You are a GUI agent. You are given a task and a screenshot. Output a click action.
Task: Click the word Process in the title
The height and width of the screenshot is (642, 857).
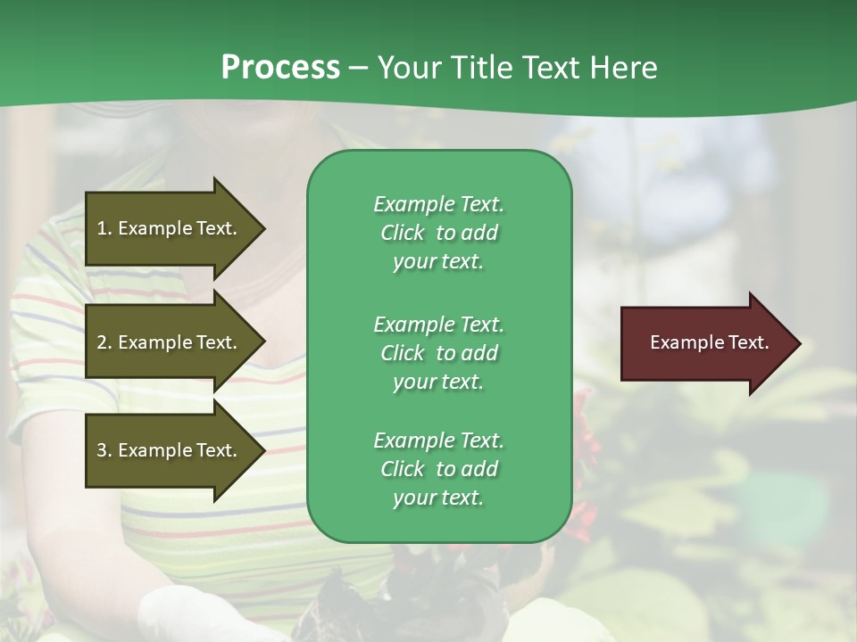click(280, 68)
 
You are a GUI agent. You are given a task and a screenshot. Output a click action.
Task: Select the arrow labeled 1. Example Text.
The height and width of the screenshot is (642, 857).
click(170, 228)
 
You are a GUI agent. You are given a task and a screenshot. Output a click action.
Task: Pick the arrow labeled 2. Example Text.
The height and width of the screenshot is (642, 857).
click(170, 342)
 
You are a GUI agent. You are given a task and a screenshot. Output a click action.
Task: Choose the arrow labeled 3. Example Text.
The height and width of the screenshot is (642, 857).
click(170, 450)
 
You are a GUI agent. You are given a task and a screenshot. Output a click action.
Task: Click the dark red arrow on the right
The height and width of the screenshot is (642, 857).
click(705, 343)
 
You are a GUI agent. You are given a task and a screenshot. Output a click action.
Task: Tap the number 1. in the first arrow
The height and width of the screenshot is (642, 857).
click(104, 228)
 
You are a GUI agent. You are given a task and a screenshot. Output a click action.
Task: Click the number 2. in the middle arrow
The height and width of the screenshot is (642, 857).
click(104, 342)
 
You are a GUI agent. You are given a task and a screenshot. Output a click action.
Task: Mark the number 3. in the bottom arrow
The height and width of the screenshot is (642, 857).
click(104, 450)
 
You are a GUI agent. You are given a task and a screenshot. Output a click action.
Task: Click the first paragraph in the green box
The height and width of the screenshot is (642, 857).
click(438, 233)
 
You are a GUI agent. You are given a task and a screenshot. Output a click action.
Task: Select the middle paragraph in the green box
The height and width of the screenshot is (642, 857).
click(438, 352)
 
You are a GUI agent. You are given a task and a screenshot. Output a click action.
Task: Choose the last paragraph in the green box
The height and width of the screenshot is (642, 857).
click(438, 469)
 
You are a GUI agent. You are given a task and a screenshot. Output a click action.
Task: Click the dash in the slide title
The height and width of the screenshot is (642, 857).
click(359, 69)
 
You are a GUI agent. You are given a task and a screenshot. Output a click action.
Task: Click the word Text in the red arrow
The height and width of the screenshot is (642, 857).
click(748, 342)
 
